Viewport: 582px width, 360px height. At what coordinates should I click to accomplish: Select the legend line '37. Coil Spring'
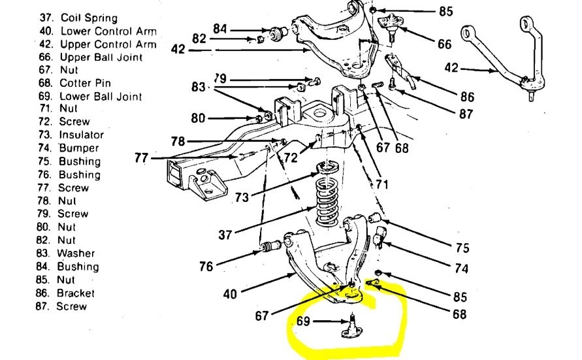[80, 17]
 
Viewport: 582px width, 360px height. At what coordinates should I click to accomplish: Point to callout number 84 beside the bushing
[221, 28]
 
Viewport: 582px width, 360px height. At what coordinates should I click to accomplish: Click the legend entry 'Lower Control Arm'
[108, 31]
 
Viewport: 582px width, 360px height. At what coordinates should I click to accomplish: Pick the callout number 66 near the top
[444, 44]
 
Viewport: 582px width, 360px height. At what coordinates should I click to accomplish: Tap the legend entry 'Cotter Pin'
[85, 83]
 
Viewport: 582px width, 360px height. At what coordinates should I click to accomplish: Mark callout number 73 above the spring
[242, 196]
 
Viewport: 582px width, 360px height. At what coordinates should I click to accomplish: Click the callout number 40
[230, 294]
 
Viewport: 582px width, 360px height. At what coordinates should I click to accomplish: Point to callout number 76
[206, 266]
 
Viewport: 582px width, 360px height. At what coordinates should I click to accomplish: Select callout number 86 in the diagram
[467, 97]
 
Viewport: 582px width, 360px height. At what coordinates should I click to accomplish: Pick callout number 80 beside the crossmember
[199, 118]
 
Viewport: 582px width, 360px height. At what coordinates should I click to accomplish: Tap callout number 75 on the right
[461, 248]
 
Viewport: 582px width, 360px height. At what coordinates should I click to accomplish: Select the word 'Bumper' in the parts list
[79, 148]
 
